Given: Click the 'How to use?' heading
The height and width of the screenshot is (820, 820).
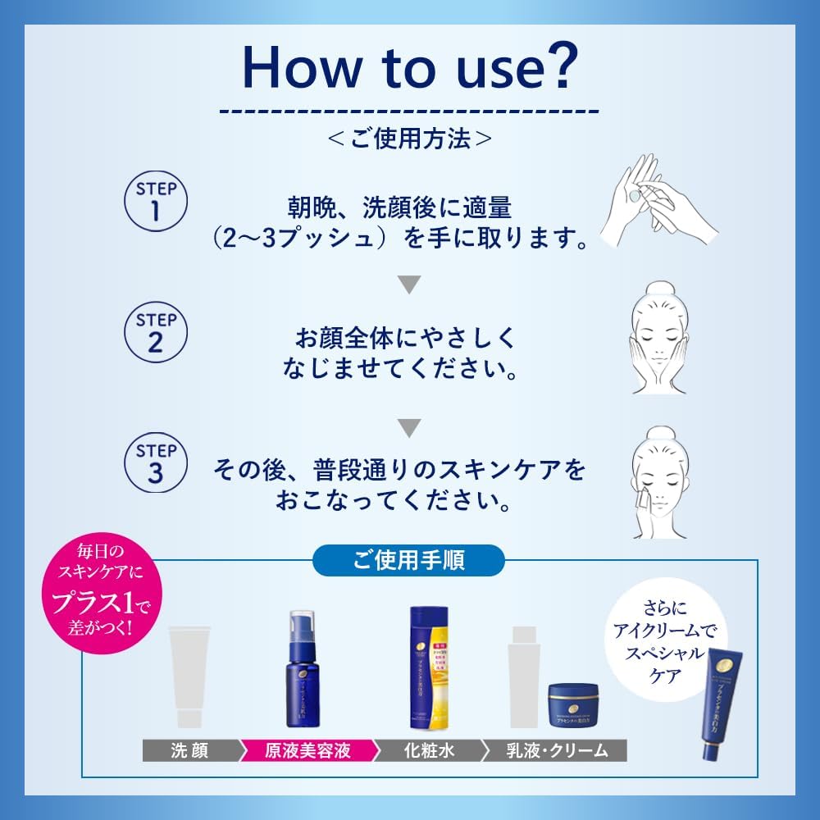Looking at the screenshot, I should click(x=409, y=67).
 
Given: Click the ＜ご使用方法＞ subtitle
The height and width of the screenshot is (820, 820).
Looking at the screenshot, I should click(x=409, y=139).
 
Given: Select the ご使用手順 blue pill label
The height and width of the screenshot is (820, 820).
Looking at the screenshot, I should click(x=409, y=561).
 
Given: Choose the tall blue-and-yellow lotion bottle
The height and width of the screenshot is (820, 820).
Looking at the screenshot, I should click(x=430, y=668).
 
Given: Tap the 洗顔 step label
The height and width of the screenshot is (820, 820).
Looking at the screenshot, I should click(x=190, y=750).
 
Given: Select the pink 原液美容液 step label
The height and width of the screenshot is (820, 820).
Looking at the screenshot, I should click(x=307, y=750).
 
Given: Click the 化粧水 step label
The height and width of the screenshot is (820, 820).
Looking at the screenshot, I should click(x=428, y=750).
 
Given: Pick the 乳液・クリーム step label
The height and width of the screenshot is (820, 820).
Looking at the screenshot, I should click(x=555, y=750).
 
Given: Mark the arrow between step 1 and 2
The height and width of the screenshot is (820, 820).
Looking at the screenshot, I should click(x=409, y=285).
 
